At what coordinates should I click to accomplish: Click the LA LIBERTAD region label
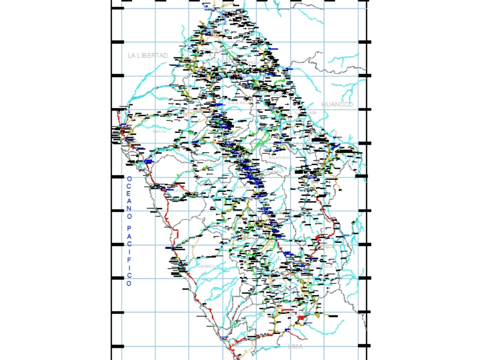click(148, 56)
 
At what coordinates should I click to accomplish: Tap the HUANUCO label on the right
click(337, 105)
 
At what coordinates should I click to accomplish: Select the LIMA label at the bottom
click(296, 346)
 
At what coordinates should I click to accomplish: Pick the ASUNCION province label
click(279, 157)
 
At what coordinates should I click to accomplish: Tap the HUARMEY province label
click(206, 266)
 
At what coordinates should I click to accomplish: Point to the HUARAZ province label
click(239, 187)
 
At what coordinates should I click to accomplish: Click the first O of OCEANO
click(129, 179)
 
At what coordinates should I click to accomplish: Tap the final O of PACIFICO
click(129, 283)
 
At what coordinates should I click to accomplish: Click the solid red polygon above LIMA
click(301, 318)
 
